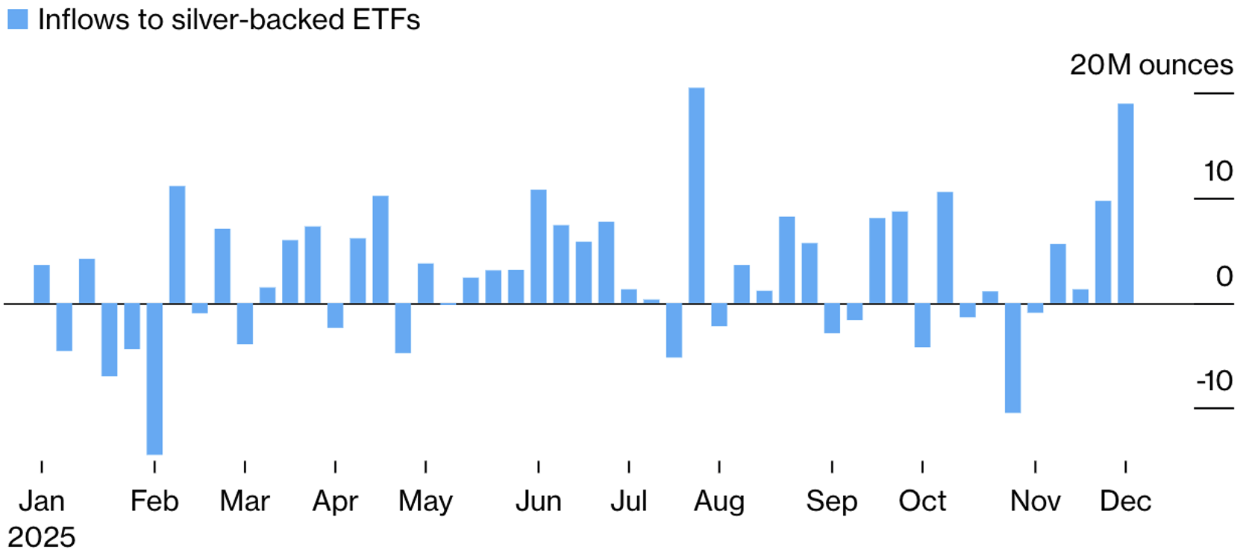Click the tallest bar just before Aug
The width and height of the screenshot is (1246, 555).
(696, 195)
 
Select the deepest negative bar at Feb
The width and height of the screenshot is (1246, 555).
(154, 379)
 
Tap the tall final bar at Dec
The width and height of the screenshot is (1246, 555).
(1125, 204)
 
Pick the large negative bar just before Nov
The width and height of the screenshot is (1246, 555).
(1012, 358)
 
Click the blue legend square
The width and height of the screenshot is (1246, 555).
(18, 19)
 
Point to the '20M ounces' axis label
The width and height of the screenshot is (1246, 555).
(1150, 66)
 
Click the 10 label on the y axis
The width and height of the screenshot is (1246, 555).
(1218, 172)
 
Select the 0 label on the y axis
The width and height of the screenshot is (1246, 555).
(1224, 277)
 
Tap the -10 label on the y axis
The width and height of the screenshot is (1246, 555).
(1215, 381)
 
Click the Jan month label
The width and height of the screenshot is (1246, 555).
(42, 501)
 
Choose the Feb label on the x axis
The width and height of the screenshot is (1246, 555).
(154, 501)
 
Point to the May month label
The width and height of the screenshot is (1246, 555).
(425, 501)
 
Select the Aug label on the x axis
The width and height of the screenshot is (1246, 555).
(719, 501)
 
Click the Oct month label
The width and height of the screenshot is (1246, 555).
(922, 501)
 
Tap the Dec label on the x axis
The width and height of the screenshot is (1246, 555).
(1125, 501)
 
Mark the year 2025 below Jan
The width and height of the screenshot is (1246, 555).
(42, 537)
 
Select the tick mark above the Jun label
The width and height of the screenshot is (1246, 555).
(538, 467)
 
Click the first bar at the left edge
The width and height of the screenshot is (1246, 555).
(42, 284)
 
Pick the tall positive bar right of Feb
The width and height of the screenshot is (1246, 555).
(177, 245)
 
